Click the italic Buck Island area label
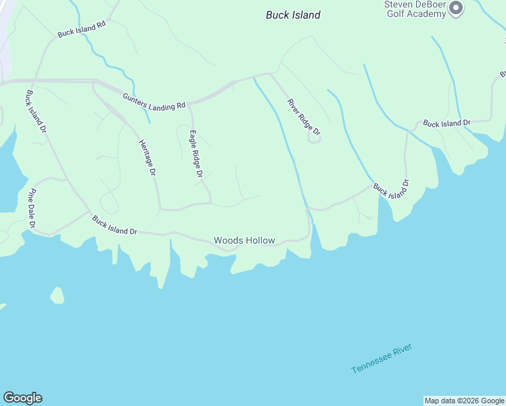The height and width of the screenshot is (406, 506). [x=293, y=15]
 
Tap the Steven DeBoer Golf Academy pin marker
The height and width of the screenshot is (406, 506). [x=455, y=8]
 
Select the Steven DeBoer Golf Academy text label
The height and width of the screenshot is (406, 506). [x=415, y=9]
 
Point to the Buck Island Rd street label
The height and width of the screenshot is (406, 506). [x=82, y=28]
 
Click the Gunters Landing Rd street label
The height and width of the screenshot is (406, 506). [x=154, y=101]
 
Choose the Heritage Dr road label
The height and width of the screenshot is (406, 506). [x=147, y=158]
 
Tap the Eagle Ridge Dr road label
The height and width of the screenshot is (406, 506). [x=196, y=154]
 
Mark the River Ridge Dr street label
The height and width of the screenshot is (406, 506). [x=303, y=115]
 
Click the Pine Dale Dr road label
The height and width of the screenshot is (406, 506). [x=31, y=208]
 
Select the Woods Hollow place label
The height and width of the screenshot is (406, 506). [x=244, y=240]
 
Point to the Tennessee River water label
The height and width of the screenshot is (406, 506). [x=382, y=359]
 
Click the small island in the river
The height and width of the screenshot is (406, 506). [x=57, y=296]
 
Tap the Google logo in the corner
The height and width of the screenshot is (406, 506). [x=22, y=398]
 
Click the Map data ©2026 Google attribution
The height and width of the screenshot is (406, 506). [x=464, y=401]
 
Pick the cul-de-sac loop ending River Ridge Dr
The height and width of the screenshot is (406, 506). [x=313, y=138]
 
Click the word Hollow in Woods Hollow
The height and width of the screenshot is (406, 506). [x=260, y=240]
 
